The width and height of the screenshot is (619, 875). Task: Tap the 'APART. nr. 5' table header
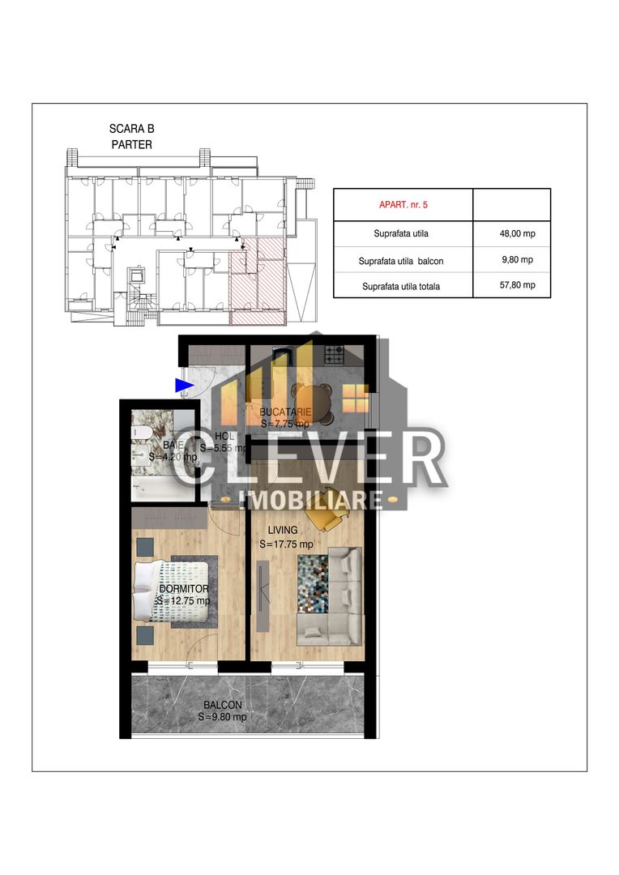point(403,205)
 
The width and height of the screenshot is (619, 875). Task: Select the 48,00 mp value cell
point(517,233)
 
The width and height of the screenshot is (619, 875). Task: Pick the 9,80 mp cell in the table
point(517,260)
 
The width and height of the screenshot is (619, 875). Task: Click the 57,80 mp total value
point(517,285)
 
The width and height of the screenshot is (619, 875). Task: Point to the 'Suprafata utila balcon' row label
point(401,261)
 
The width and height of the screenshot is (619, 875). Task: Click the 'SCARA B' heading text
point(131,129)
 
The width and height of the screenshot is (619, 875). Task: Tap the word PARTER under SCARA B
point(131,145)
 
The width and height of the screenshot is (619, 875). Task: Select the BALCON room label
point(222,706)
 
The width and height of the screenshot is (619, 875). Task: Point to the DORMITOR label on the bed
point(184,589)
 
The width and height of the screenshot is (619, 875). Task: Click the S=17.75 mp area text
point(286,544)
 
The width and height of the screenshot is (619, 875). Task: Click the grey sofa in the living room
point(343,596)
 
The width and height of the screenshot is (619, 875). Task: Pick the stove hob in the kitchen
point(335,354)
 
